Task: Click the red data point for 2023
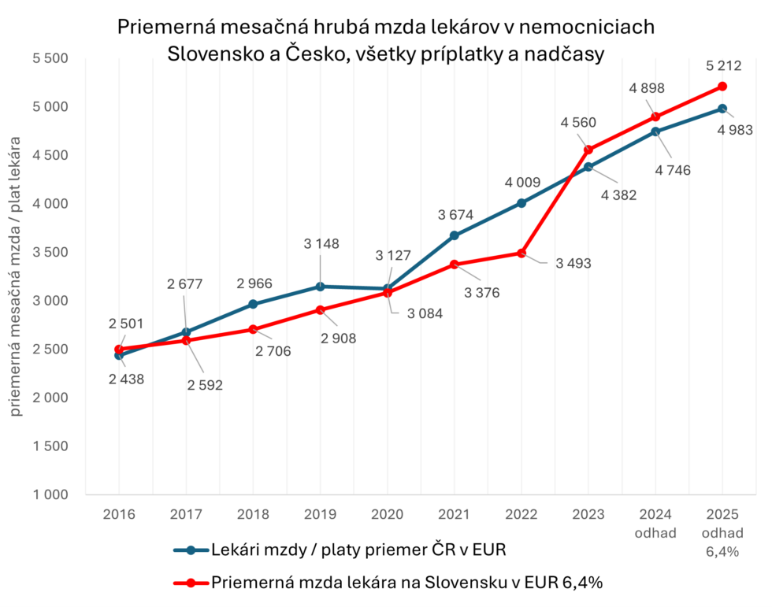[x=588, y=150]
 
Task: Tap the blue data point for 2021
[x=455, y=235]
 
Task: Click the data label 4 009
[x=521, y=183]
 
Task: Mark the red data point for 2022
[x=521, y=253]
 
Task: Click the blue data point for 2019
[x=321, y=287]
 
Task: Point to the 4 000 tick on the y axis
[x=51, y=204]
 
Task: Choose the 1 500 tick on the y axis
[x=51, y=446]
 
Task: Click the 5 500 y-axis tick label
[x=51, y=58]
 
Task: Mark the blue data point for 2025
[x=722, y=109]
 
